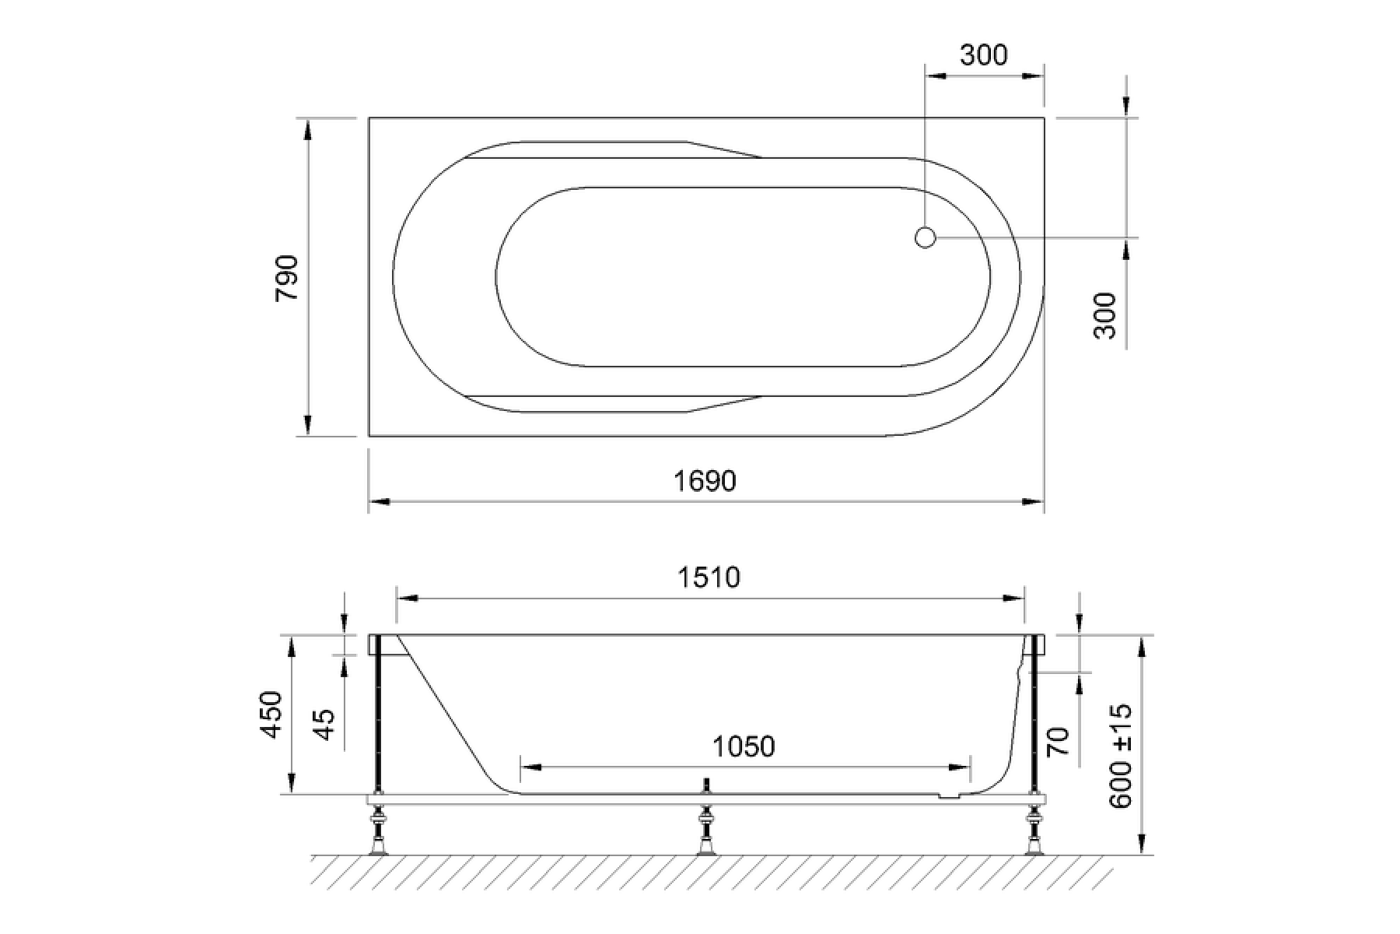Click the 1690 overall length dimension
pyautogui.click(x=705, y=481)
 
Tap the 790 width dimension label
pyautogui.click(x=287, y=279)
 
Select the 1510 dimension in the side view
pyautogui.click(x=709, y=578)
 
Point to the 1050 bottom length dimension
pyautogui.click(x=744, y=746)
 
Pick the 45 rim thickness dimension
pyautogui.click(x=327, y=725)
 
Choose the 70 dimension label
pyautogui.click(x=1059, y=741)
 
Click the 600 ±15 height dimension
pyautogui.click(x=1121, y=756)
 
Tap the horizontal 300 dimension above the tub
pyautogui.click(x=984, y=55)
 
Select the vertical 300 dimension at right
pyautogui.click(x=1104, y=315)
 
